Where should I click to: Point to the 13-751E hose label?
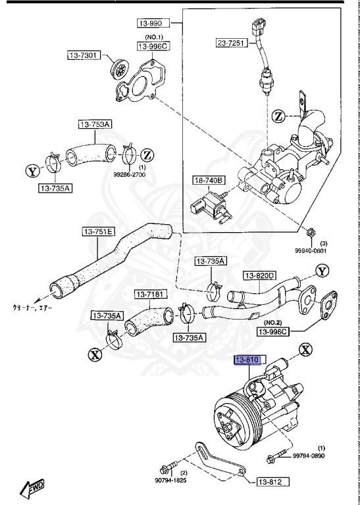click(x=97, y=231)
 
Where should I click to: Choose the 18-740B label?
click(x=209, y=180)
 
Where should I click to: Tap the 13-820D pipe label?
click(x=259, y=276)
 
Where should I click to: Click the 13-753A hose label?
click(x=95, y=124)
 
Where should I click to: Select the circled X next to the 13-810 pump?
click(x=306, y=350)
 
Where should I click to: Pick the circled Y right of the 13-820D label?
click(x=321, y=271)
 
